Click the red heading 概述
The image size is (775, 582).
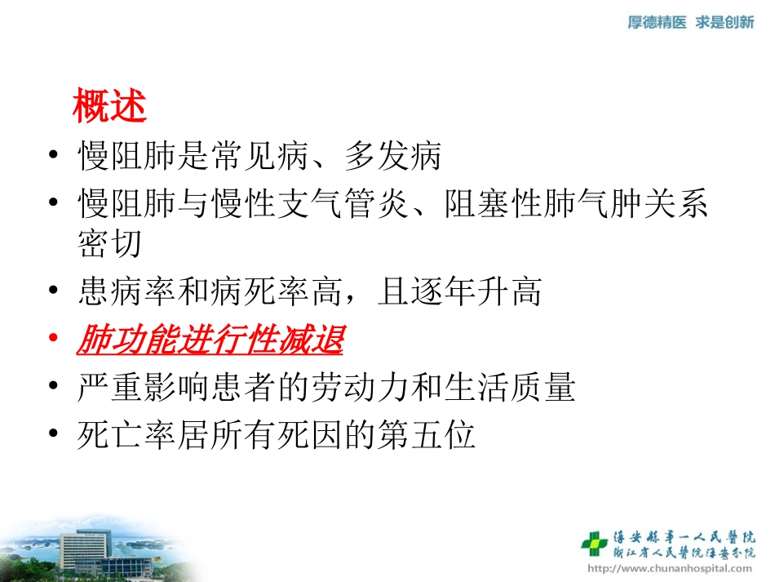tap(109, 106)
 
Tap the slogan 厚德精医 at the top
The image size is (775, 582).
tap(657, 23)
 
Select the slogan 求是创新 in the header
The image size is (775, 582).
tap(724, 23)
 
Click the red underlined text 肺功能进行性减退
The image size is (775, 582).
tap(210, 340)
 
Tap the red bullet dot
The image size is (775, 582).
tap(54, 340)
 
